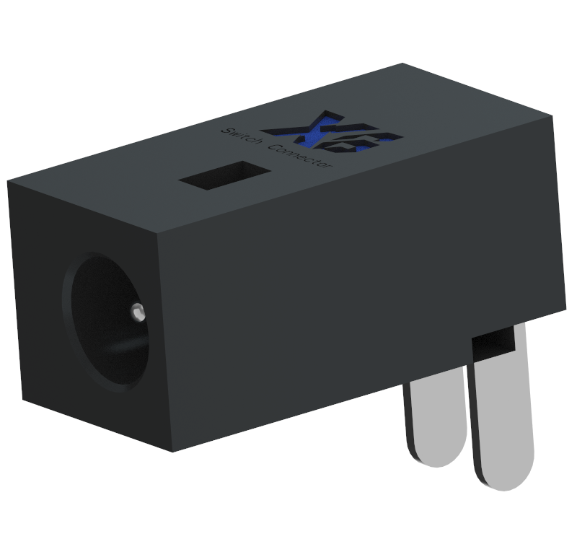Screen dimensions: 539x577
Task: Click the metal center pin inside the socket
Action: click(138, 312)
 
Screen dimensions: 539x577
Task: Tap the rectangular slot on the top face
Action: click(224, 176)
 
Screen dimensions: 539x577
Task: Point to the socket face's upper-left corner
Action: click(9, 182)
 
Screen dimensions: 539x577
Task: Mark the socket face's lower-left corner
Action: click(22, 399)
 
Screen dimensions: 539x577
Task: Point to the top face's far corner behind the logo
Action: click(402, 64)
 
